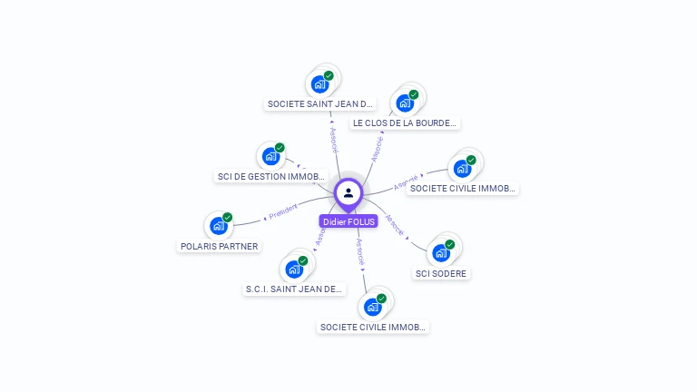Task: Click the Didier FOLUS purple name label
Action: click(348, 221)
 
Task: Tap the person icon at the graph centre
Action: click(348, 192)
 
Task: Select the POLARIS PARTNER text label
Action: click(219, 246)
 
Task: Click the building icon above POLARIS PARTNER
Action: click(218, 226)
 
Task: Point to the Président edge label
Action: click(282, 211)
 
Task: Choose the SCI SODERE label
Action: click(442, 273)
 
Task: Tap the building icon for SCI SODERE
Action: click(441, 253)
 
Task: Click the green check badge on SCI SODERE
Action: click(451, 244)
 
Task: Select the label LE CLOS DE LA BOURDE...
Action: click(405, 122)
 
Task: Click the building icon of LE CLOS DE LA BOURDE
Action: click(404, 103)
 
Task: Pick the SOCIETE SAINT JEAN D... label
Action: click(320, 104)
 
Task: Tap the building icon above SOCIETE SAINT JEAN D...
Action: click(319, 84)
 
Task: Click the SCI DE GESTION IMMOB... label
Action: click(271, 176)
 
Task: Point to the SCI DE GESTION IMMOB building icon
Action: click(270, 156)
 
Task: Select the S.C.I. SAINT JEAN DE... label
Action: click(295, 289)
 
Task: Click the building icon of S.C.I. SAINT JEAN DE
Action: click(294, 269)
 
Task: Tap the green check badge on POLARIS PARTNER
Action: click(228, 217)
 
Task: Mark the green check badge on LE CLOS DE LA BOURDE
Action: click(414, 94)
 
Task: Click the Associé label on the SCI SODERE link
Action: click(396, 224)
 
